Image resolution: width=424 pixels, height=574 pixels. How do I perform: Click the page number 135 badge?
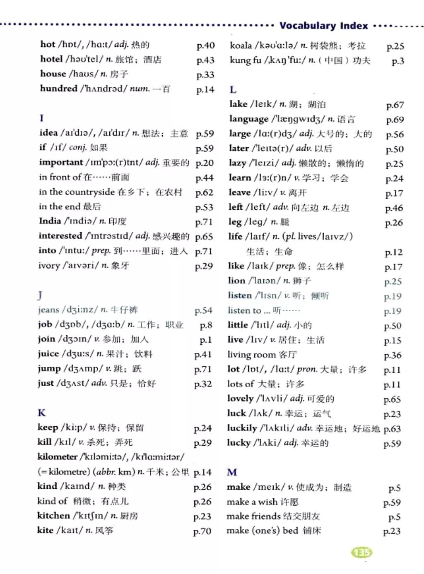coord(361,552)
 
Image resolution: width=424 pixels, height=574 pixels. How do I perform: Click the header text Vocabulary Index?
coord(323,26)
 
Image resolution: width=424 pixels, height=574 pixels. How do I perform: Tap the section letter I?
coord(41,118)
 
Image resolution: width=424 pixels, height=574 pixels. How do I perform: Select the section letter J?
coord(40,295)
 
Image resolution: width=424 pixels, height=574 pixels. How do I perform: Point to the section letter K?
coord(41,413)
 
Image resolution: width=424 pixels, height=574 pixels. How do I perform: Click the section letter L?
coord(233,90)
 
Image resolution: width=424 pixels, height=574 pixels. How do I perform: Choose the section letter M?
coord(232,472)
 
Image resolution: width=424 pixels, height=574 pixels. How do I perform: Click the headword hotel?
coord(51,59)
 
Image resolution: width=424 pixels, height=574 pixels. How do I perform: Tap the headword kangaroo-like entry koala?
coord(241,46)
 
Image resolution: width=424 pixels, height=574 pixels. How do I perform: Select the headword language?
coord(249,119)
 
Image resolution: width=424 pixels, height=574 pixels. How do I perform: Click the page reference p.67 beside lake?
coord(395,105)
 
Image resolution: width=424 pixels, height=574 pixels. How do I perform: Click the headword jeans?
coord(48,310)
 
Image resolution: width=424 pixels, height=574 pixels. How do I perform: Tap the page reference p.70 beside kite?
coord(202,531)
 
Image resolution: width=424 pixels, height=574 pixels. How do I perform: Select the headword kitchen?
coord(53,516)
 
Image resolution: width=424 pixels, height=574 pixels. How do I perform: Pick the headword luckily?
coord(242,428)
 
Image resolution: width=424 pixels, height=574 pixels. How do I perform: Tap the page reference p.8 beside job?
coord(206,325)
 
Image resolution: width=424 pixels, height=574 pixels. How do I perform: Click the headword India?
coord(50,221)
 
